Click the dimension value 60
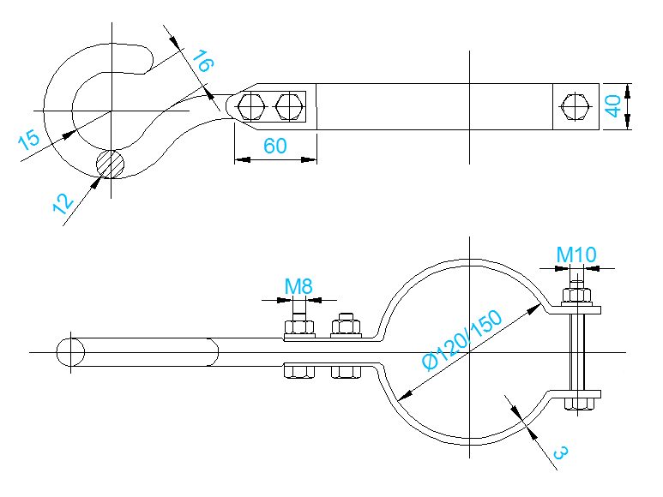click(274, 146)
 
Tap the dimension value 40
click(612, 106)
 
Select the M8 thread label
click(298, 286)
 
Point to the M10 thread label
click(576, 254)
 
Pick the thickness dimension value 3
click(558, 452)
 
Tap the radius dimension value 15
click(28, 140)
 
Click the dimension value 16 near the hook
click(202, 63)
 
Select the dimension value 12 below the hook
click(60, 203)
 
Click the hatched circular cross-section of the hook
click(110, 163)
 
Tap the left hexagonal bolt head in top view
click(251, 107)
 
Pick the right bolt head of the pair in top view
click(289, 107)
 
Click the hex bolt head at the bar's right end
click(574, 107)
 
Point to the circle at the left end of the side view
click(70, 352)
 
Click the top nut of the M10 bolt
click(578, 296)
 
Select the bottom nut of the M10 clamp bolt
click(580, 402)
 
